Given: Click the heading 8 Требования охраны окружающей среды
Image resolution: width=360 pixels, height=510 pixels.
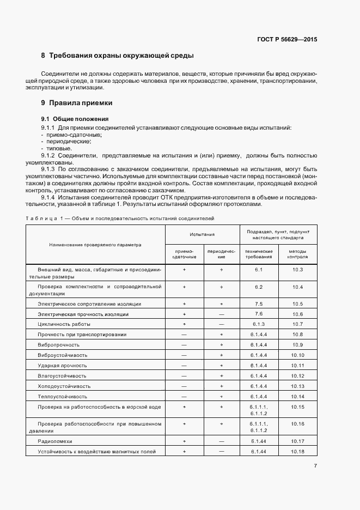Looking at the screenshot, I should pyautogui.click(x=117, y=56).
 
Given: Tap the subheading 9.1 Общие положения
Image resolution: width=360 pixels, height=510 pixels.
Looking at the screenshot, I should pyautogui.click(x=75, y=119).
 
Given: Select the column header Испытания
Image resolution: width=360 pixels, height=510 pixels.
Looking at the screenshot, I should pyautogui.click(x=202, y=234).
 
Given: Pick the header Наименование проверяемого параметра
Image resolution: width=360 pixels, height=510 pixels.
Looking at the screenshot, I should pyautogui.click(x=95, y=244).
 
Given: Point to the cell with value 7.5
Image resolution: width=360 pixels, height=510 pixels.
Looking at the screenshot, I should pyautogui.click(x=259, y=303).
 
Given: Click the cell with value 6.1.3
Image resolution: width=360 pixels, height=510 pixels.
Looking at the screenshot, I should pyautogui.click(x=259, y=324).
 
